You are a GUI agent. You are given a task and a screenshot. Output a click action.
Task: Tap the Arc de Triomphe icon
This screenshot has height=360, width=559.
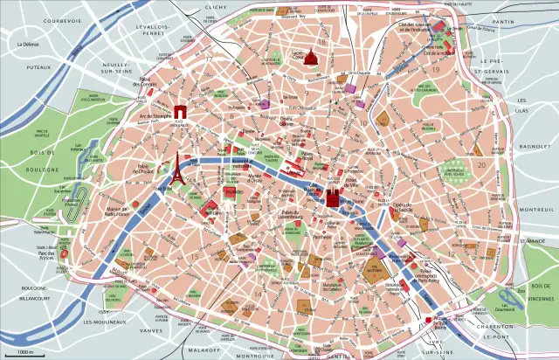point(181,111)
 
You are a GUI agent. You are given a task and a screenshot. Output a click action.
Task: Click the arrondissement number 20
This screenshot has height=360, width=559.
point(480,164)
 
